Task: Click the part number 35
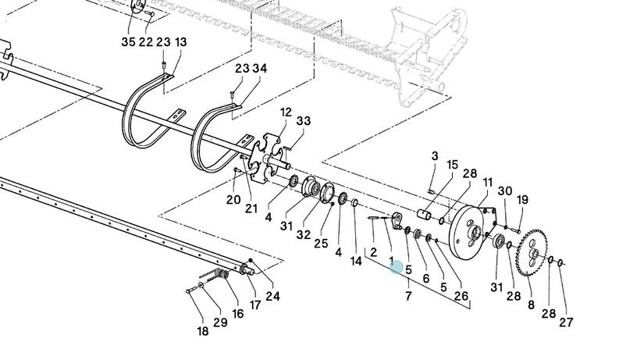[x=128, y=41]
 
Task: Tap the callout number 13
[x=180, y=41]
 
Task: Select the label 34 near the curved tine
[x=260, y=69]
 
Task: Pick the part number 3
[x=435, y=156]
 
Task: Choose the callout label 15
[x=452, y=165]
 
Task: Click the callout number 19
[x=522, y=199]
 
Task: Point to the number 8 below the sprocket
[x=532, y=305]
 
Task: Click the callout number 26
[x=462, y=296]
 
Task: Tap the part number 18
[x=203, y=331]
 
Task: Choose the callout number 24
[x=272, y=296]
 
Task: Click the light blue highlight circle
[x=397, y=268]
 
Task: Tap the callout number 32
[x=303, y=235]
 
